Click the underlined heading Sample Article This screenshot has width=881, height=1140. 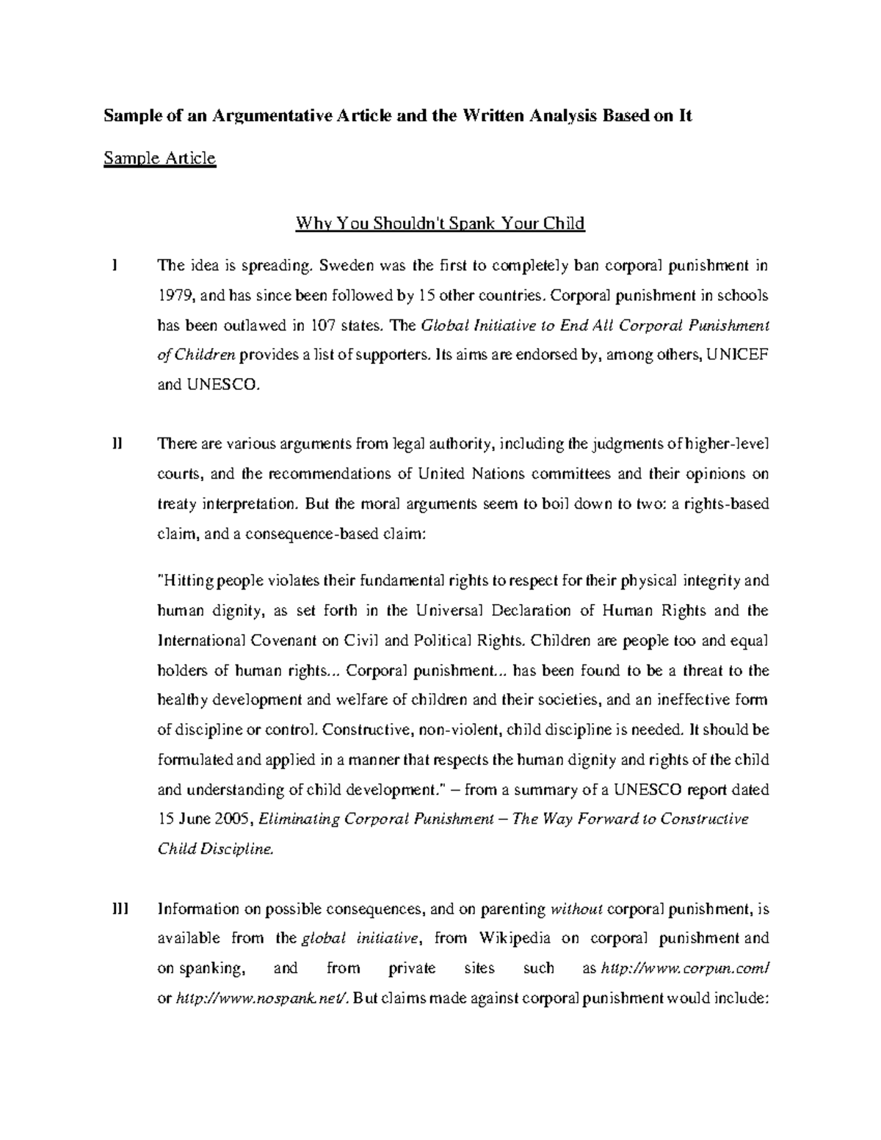coord(159,159)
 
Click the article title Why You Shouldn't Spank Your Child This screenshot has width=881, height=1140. coord(440,223)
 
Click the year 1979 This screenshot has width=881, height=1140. coord(174,295)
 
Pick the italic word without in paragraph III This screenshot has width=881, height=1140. coord(576,909)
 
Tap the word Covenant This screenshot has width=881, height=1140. coord(283,640)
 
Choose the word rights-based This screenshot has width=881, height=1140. coord(728,504)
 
